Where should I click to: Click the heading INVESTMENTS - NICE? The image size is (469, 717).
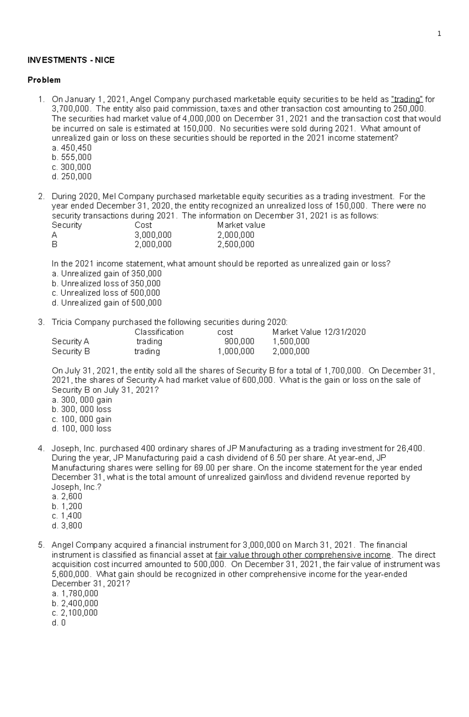tap(71, 60)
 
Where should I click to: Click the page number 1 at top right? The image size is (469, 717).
tap(439, 34)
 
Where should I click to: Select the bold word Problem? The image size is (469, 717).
tap(44, 80)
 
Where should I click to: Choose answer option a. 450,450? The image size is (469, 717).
tap(72, 148)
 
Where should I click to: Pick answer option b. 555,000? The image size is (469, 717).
tap(72, 157)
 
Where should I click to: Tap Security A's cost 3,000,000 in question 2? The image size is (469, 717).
tap(153, 235)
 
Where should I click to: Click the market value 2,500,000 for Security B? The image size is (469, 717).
tap(236, 245)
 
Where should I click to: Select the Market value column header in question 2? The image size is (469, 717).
tap(241, 225)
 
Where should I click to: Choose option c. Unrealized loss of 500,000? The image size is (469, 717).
tap(106, 293)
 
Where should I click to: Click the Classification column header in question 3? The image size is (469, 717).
tap(159, 332)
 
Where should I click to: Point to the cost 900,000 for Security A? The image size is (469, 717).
tap(239, 342)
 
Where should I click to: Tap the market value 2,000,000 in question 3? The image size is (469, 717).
tap(291, 351)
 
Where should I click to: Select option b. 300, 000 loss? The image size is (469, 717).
tap(81, 409)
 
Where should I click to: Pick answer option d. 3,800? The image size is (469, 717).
tap(67, 526)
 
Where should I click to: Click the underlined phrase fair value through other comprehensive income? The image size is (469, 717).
tap(303, 555)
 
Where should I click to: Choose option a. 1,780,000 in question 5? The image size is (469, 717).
tap(75, 594)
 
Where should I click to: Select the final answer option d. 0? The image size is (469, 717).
tap(59, 623)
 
